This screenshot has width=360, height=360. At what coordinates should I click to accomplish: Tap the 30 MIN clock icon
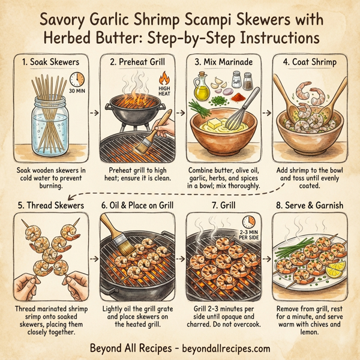(x=75, y=82)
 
